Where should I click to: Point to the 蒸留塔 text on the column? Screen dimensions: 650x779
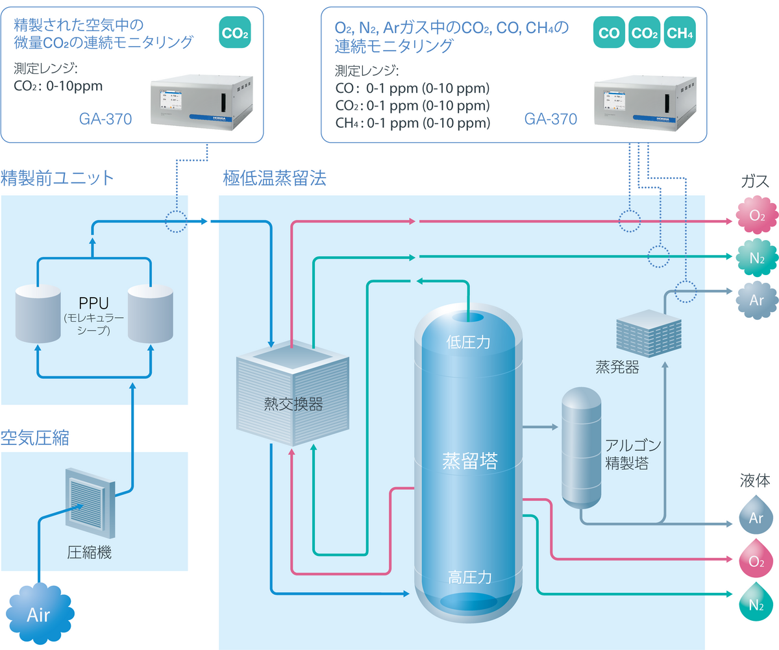click(470, 461)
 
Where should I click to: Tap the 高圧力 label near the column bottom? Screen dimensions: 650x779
click(470, 577)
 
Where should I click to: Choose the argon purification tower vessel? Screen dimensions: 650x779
click(581, 448)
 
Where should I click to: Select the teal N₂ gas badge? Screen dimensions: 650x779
click(756, 258)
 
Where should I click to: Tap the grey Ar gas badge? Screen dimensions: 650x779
click(756, 300)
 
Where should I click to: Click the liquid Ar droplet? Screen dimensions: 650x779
click(756, 516)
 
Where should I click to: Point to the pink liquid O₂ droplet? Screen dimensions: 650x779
click(756, 559)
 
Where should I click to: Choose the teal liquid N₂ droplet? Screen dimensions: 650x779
click(756, 603)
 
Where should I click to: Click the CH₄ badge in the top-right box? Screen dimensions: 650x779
click(680, 33)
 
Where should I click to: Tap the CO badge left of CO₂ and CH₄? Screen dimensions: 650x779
click(609, 33)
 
